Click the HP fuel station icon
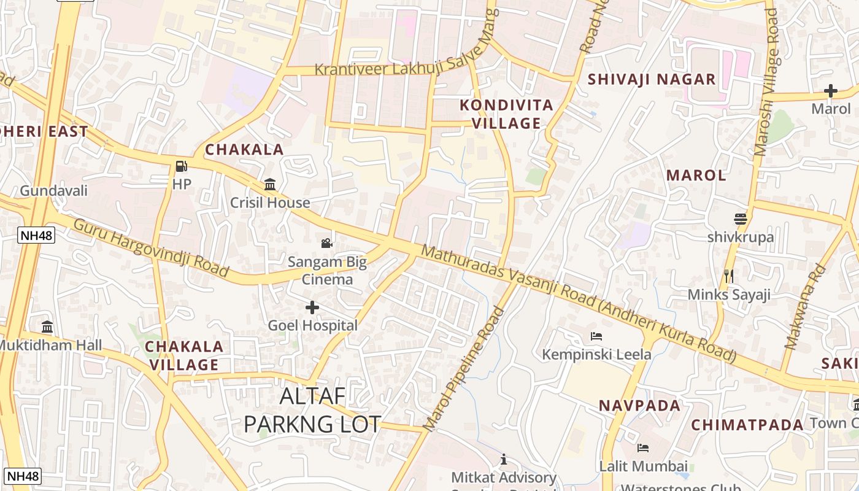(x=181, y=166)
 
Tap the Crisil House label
(x=270, y=203)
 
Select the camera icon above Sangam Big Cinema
(x=327, y=243)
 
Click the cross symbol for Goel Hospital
(x=312, y=307)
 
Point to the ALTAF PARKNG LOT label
(x=312, y=410)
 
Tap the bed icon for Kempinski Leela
(x=596, y=336)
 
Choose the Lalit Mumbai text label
(x=643, y=466)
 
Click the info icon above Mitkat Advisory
(x=504, y=459)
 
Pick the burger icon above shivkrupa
(x=741, y=219)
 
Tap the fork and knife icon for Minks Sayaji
(x=729, y=276)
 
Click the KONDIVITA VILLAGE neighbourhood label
(x=507, y=114)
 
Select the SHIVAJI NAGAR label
(x=652, y=79)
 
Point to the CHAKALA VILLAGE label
(x=184, y=356)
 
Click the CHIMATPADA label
(x=747, y=425)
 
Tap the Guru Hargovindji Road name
(x=150, y=247)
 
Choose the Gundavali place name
(x=54, y=190)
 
